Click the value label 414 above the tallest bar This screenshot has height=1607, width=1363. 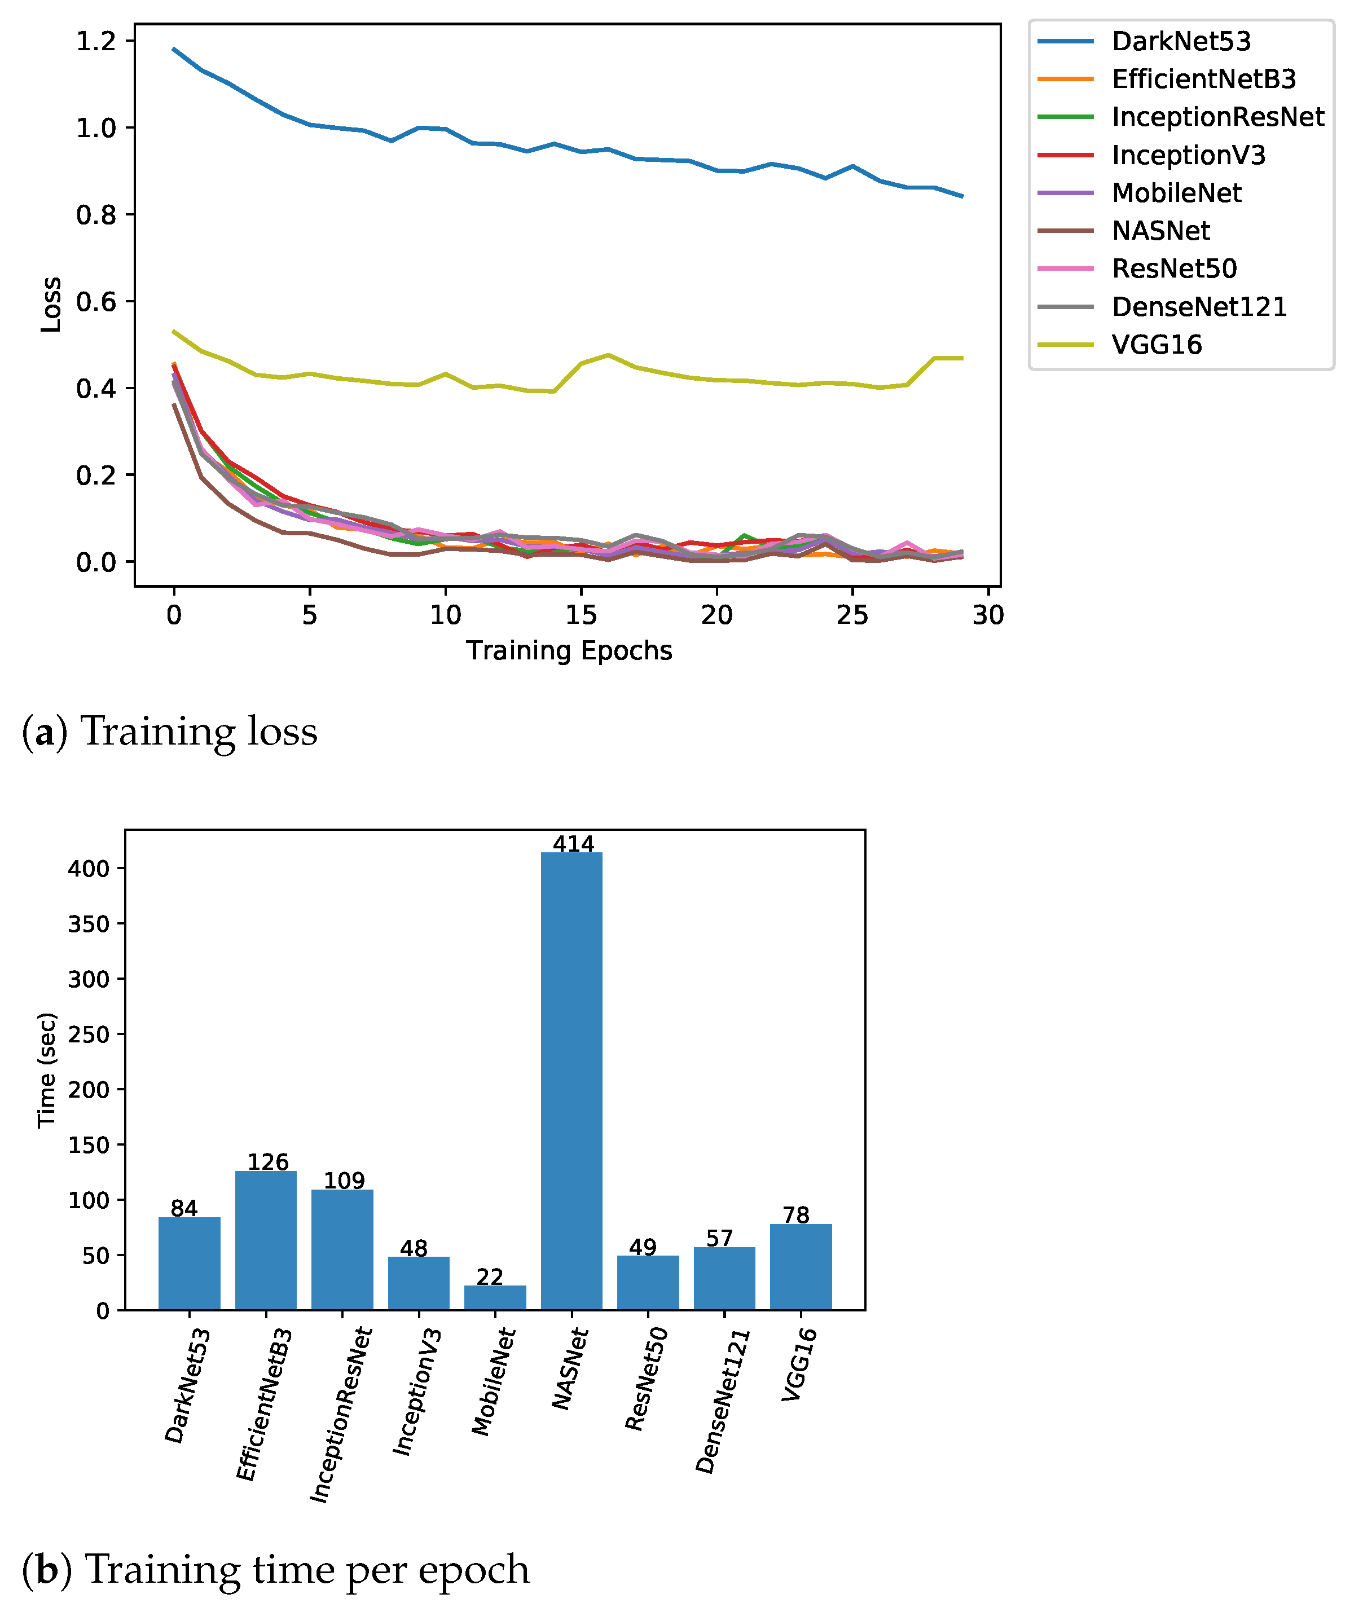pos(573,844)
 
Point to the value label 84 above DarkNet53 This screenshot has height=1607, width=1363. pos(184,1208)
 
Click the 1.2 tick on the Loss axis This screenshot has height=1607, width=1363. pos(96,41)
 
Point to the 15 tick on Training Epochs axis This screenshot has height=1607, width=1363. pos(581,616)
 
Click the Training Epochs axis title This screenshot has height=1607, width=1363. pos(569,650)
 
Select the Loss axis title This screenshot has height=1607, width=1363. pos(51,305)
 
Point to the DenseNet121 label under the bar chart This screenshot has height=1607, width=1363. pos(723,1401)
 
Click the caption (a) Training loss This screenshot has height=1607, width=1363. pos(170,731)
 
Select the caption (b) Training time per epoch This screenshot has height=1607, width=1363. pos(276,1570)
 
